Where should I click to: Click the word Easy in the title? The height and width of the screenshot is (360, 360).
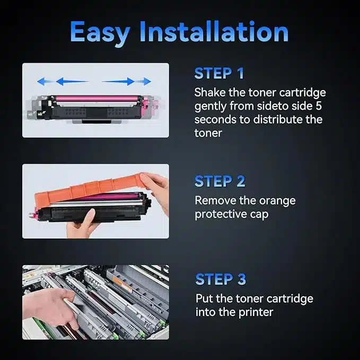pos(100,33)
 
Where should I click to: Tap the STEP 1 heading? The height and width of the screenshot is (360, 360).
pos(219,74)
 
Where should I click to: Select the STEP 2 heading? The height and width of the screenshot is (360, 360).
pos(219,181)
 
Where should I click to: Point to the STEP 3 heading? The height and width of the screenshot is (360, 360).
pos(221,279)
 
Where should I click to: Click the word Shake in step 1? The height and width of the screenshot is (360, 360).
pos(210,92)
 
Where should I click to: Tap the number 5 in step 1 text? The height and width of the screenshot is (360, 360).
pos(318,106)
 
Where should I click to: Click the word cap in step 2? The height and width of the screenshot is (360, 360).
pos(259,215)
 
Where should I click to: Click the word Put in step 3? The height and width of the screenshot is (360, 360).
pos(204,298)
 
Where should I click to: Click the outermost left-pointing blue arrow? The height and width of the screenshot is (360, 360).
pos(43,81)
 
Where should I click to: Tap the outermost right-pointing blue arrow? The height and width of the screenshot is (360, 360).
pos(145,81)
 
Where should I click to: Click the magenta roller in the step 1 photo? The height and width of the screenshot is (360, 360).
pos(97,99)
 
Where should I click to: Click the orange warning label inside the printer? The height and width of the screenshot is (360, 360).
pos(122,284)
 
